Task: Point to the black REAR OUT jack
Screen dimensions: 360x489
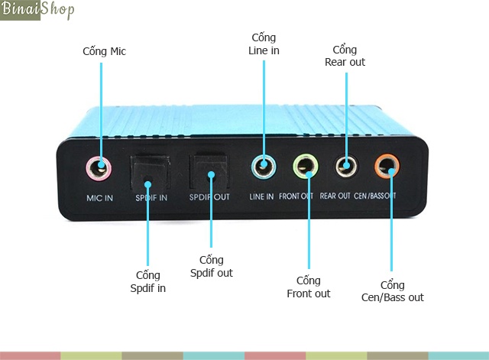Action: (x=346, y=165)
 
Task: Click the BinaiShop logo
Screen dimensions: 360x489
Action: (x=38, y=11)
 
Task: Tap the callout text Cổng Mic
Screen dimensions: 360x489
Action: (x=104, y=51)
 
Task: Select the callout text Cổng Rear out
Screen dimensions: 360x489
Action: (x=345, y=55)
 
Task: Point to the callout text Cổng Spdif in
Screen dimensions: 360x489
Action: (x=147, y=281)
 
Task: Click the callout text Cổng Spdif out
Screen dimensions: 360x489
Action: (x=210, y=267)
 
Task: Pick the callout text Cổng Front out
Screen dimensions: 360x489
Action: (x=309, y=287)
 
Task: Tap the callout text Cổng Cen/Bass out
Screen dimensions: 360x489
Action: (x=392, y=291)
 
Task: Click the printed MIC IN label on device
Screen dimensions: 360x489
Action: (x=99, y=197)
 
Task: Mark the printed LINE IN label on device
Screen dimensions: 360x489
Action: (x=261, y=196)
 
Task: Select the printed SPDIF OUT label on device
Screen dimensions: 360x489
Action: (x=209, y=197)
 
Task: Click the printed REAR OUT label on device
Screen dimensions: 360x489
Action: (x=335, y=196)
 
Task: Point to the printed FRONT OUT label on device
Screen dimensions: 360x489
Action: (x=296, y=196)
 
